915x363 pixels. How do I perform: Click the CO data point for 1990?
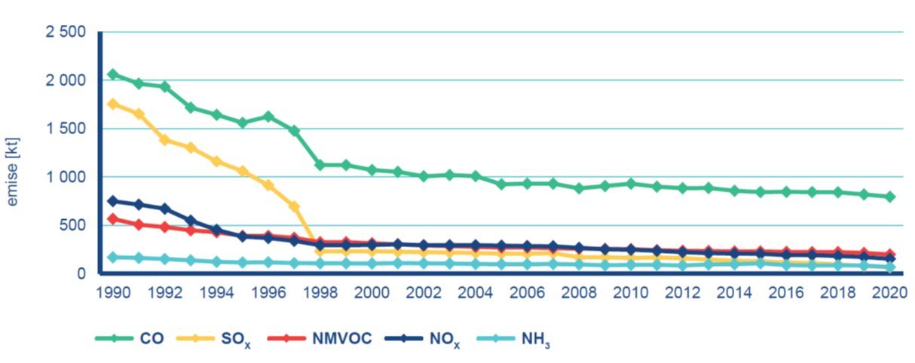pos(113,74)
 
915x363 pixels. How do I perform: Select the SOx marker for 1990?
pos(113,104)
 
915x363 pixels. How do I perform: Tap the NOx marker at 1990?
pos(113,201)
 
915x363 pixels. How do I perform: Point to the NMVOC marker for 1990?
pos(113,218)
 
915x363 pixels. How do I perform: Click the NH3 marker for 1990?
pos(113,257)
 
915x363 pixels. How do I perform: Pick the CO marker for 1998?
pos(320,165)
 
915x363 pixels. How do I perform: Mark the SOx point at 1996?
pos(268,185)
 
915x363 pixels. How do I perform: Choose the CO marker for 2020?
pos(890,197)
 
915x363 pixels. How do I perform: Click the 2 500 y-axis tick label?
pos(65,32)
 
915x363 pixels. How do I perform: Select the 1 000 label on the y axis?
pos(65,177)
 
